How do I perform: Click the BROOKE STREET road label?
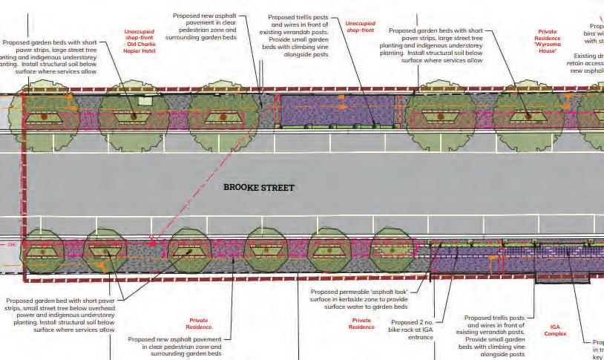259,188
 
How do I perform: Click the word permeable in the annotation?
350,290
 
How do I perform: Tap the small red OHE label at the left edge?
11,244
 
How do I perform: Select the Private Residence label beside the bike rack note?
361,323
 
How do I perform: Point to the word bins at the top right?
591,33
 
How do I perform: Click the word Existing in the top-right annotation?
587,56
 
